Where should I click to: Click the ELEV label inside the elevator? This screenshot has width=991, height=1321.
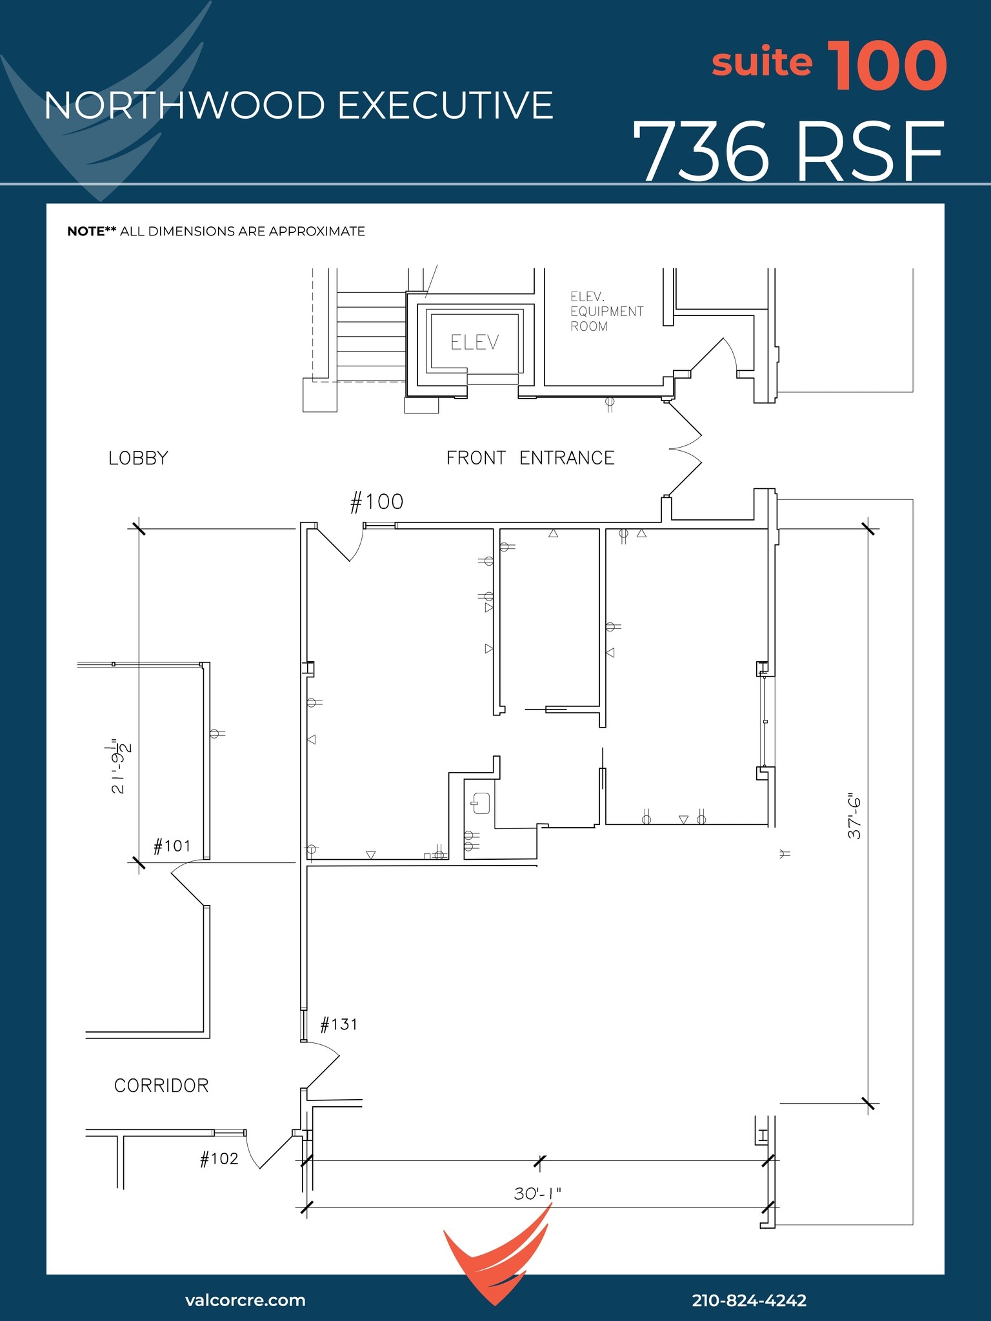[x=475, y=343]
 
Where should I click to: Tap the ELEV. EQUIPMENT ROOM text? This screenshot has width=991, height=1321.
[x=606, y=312]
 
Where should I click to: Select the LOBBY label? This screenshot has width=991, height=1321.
[x=138, y=458]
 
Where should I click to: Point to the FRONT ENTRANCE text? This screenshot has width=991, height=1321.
[x=530, y=458]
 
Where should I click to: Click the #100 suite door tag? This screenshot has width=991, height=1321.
[x=377, y=502]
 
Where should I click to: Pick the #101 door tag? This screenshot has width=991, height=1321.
[x=172, y=846]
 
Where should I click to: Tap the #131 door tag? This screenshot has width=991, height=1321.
[x=339, y=1024]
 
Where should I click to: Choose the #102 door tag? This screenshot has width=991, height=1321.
[x=219, y=1159]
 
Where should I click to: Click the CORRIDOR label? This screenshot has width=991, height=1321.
[x=161, y=1086]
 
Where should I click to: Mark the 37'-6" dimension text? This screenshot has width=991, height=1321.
[x=854, y=816]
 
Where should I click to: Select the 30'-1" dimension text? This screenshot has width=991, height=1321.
[x=537, y=1194]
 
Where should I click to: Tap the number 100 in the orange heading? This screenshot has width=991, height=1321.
[x=886, y=66]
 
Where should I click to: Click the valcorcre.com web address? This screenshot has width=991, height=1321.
[x=245, y=1300]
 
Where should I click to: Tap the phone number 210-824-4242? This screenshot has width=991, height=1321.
[x=749, y=1300]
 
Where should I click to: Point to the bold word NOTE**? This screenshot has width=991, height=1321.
[x=92, y=232]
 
